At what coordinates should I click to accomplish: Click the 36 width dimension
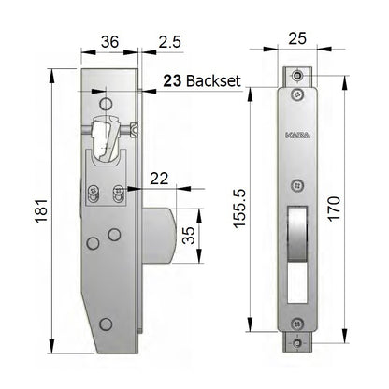tap(109, 41)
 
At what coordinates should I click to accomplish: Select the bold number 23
tap(171, 81)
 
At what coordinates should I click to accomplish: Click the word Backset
tap(215, 81)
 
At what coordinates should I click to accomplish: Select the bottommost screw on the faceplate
tap(297, 341)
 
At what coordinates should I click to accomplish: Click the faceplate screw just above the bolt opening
tap(297, 184)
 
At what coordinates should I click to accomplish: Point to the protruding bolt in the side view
tap(158, 235)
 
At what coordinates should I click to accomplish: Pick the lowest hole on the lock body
tap(106, 324)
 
